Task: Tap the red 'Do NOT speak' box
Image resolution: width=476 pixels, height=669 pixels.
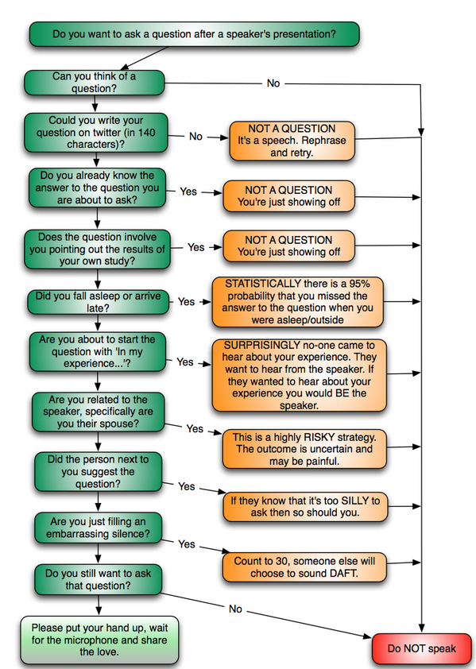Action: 422,648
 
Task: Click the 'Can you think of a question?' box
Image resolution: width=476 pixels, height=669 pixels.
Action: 94,83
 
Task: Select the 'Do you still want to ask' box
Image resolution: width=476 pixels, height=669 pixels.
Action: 95,579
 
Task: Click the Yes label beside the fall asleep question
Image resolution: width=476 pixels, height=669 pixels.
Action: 186,302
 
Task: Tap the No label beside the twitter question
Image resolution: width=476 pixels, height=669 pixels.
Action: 195,137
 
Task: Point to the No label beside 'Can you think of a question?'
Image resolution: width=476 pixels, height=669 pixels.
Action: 273,83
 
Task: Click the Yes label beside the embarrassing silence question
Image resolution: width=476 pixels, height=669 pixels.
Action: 186,544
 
